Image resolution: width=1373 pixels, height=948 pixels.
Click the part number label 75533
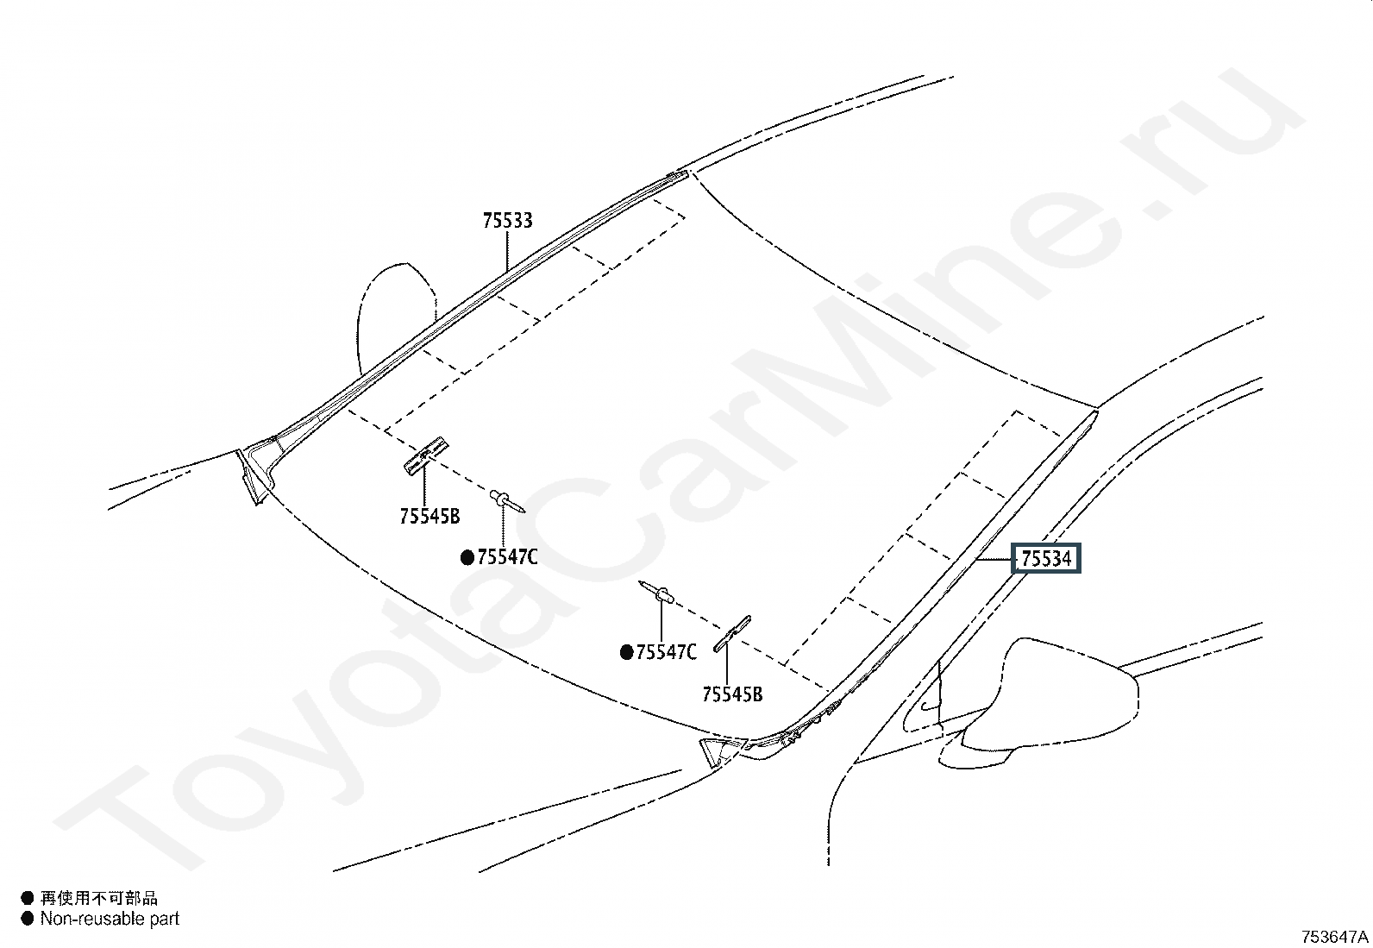click(507, 221)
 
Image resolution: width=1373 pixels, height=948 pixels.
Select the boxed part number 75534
click(1046, 559)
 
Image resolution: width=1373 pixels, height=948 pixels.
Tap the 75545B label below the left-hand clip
click(429, 517)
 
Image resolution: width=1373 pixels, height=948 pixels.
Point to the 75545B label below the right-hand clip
click(732, 694)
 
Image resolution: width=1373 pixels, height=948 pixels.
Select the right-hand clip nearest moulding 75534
click(732, 634)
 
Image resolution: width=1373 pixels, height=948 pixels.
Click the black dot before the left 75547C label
click(467, 558)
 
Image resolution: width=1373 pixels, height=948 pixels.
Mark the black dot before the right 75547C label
click(626, 653)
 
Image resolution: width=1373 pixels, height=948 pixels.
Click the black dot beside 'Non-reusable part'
click(27, 919)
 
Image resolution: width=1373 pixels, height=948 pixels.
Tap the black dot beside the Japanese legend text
click(27, 898)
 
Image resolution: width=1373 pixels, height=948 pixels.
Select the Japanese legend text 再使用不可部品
click(99, 898)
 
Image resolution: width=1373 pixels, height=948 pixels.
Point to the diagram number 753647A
click(1334, 937)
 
